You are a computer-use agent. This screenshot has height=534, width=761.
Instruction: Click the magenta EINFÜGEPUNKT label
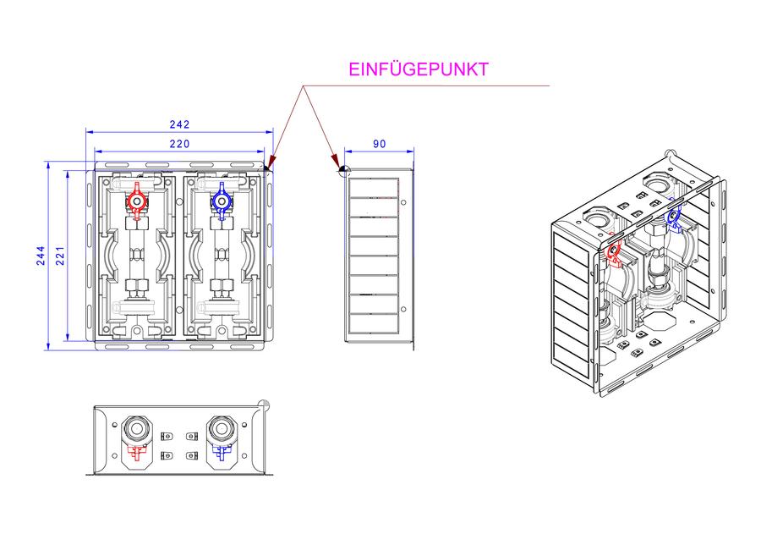click(x=419, y=69)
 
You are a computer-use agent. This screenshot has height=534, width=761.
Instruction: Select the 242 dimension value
click(x=179, y=124)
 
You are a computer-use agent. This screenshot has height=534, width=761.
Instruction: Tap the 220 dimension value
click(x=179, y=144)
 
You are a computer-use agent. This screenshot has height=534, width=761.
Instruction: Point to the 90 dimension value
click(x=380, y=144)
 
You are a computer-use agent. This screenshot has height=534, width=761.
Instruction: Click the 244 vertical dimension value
click(x=41, y=256)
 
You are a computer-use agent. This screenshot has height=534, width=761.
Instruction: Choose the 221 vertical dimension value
click(x=60, y=256)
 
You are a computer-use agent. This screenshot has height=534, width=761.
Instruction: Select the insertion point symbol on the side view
click(x=344, y=170)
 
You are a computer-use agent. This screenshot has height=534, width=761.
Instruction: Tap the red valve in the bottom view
click(x=137, y=453)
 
